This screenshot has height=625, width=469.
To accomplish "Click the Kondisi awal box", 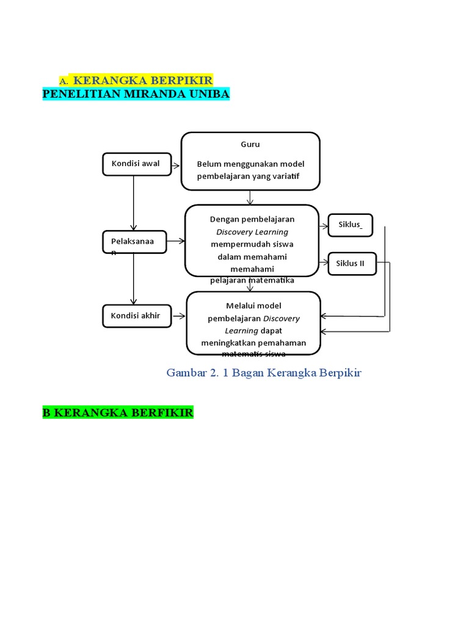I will tap(136, 164).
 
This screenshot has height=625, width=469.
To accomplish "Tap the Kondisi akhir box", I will tap(136, 316).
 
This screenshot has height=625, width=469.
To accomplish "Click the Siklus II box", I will tap(352, 264).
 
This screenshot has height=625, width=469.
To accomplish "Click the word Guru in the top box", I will tap(250, 145).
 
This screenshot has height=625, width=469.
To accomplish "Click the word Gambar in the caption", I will tap(186, 372).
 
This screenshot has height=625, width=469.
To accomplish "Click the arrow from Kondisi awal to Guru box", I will tap(176, 165).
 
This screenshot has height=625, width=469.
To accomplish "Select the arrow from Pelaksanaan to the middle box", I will tap(176, 242).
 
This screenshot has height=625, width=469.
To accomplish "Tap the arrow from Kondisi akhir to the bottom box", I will tap(180, 316).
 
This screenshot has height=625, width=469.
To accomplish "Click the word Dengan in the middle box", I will tap(222, 219).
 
